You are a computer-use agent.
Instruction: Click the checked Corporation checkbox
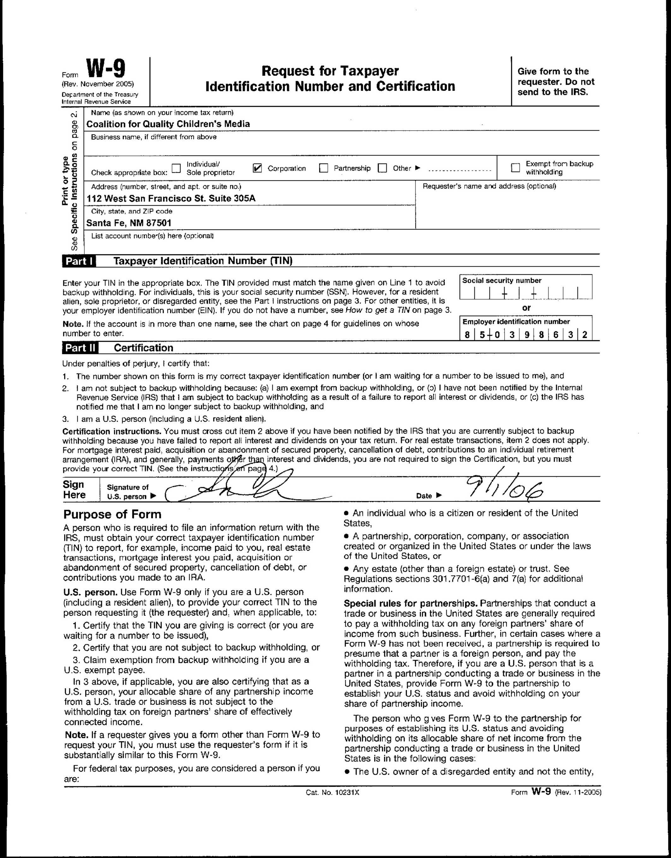(257, 168)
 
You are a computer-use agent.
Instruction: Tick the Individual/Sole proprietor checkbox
(176, 168)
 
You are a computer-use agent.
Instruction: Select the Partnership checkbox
(324, 168)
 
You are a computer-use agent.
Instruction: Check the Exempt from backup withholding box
(515, 168)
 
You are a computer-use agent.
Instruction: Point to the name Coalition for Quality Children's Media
(168, 124)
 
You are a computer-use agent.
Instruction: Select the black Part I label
(79, 261)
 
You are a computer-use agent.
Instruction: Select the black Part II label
(80, 348)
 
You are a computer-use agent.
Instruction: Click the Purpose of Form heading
(112, 514)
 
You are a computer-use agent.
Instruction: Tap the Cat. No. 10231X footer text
(332, 792)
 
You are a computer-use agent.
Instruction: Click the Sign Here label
(74, 489)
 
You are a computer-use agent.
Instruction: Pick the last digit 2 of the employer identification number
(585, 335)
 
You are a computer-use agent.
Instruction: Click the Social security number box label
(502, 281)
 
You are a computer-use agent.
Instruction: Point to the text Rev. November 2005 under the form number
(98, 84)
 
